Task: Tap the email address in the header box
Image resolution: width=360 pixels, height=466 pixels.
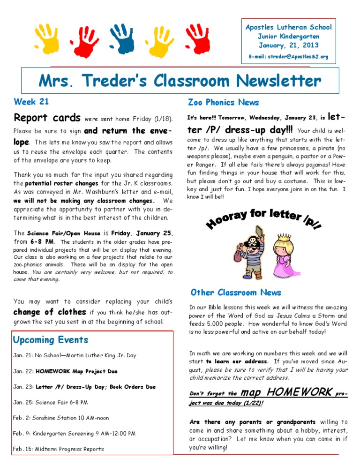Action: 288,57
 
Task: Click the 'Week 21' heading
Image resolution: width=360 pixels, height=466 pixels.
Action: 31,101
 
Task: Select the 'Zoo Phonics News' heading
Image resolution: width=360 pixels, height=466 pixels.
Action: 223,102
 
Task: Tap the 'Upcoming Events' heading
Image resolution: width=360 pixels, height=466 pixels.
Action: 51,339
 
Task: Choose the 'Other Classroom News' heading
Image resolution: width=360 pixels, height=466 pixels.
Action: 236,293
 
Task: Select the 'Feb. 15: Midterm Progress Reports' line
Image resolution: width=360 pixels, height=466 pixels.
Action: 59,449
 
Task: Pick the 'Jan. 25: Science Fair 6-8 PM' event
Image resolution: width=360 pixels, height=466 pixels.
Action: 51,402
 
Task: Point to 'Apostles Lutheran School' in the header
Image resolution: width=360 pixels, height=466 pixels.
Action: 288,27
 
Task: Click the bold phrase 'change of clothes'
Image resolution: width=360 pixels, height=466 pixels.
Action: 50,312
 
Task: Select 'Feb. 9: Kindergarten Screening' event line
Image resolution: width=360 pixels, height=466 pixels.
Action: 75,433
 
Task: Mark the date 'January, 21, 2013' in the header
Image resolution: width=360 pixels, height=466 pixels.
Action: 288,45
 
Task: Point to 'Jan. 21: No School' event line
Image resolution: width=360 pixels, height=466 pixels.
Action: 75,355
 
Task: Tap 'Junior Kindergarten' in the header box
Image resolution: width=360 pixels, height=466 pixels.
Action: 288,37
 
